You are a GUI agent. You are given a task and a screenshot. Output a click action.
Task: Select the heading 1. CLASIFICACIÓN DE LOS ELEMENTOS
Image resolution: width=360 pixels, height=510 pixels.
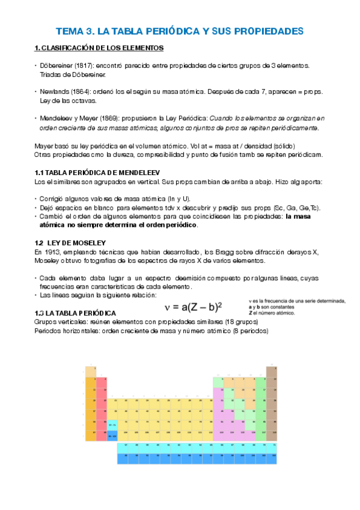pyautogui.click(x=100, y=48)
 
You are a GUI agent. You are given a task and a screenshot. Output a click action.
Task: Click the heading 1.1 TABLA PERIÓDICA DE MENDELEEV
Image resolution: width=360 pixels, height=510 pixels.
pyautogui.click(x=97, y=173)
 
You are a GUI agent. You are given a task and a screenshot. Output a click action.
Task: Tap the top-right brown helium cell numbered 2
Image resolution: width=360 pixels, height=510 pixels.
pyautogui.click(x=271, y=372)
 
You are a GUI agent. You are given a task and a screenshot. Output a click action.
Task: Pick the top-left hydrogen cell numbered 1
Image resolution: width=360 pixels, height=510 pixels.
pyautogui.click(x=91, y=372)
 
